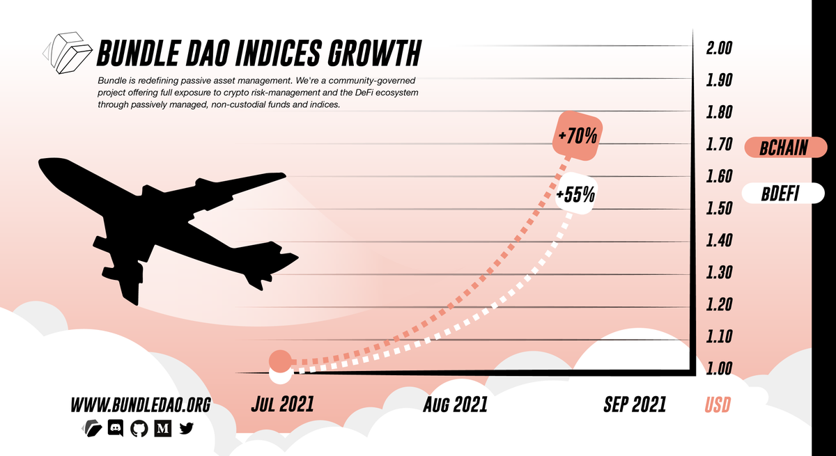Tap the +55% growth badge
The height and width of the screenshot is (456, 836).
pyautogui.click(x=576, y=194)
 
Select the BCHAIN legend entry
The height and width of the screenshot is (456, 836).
pyautogui.click(x=785, y=148)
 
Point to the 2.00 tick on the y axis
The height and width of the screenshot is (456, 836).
pyautogui.click(x=720, y=48)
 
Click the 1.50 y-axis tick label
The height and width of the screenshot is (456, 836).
pyautogui.click(x=720, y=208)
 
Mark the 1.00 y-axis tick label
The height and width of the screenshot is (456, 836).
pyautogui.click(x=720, y=368)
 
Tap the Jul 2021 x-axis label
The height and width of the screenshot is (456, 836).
pyautogui.click(x=282, y=404)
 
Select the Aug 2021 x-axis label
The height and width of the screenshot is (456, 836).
pyautogui.click(x=455, y=404)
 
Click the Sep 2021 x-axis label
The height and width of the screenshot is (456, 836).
pyautogui.click(x=635, y=404)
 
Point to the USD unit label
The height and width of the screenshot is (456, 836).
pyautogui.click(x=718, y=404)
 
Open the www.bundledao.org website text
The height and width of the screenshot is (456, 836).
pyautogui.click(x=140, y=404)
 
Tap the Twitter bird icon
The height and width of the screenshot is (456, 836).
pyautogui.click(x=186, y=429)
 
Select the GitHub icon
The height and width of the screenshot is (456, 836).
pyautogui.click(x=139, y=429)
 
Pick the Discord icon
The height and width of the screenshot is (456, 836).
pyautogui.click(x=116, y=429)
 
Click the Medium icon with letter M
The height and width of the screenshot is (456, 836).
pyautogui.click(x=162, y=429)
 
